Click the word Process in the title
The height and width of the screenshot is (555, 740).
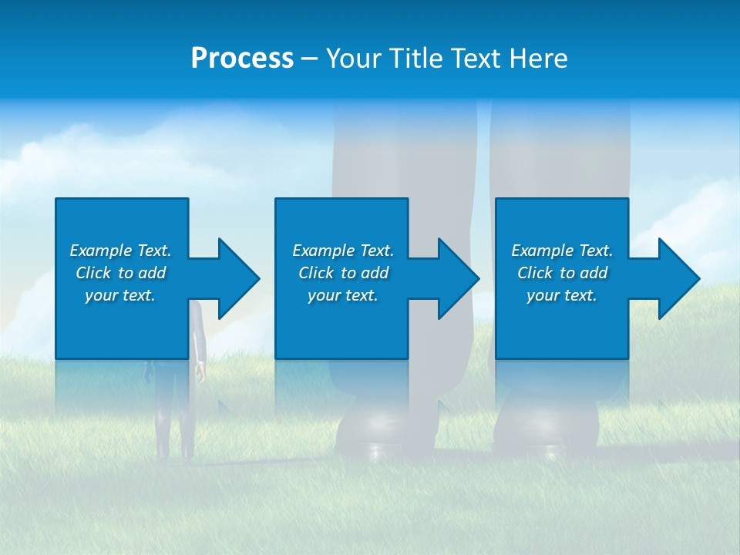point(242,59)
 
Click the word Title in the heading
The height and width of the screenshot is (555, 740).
point(415,59)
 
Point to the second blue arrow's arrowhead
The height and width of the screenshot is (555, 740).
point(457,278)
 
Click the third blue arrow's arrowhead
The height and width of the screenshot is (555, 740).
point(678,278)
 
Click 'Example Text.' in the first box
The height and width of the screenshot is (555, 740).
point(120,251)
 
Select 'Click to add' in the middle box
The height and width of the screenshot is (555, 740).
point(343,273)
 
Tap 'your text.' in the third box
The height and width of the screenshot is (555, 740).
point(562,295)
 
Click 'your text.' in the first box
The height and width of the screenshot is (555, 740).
point(120,295)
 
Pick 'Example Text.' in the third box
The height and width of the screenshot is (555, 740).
point(562,251)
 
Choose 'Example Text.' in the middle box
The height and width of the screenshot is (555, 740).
point(343,251)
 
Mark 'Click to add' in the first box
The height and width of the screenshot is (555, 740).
point(120,273)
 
